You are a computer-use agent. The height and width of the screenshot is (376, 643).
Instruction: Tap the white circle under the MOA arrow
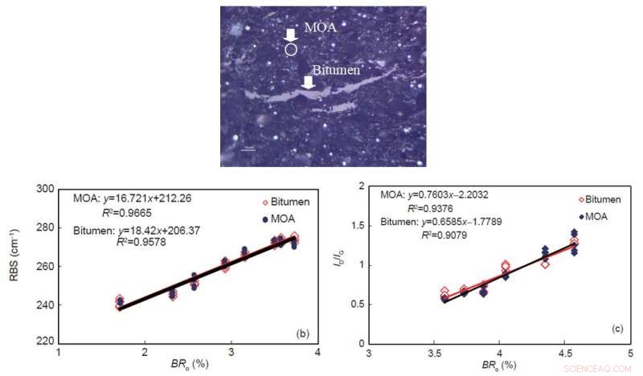coord(291,49)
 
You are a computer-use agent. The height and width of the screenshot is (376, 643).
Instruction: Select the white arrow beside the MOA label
coord(291,35)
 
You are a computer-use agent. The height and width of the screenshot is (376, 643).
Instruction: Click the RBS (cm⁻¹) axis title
coord(14,265)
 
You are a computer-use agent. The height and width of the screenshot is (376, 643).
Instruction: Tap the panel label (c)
coord(616,329)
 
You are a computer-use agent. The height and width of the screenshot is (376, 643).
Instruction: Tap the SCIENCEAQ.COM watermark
coord(600,367)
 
